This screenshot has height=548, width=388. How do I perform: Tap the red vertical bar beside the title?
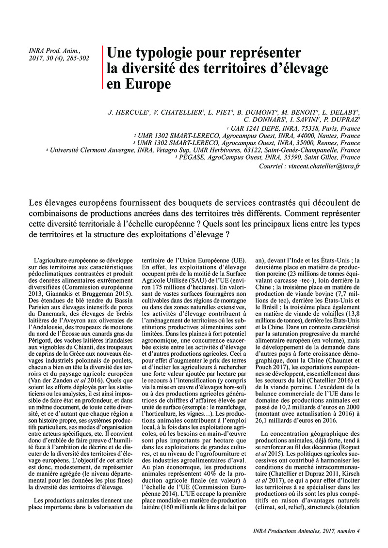click(102, 67)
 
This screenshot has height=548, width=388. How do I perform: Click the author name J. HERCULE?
click(124, 113)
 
